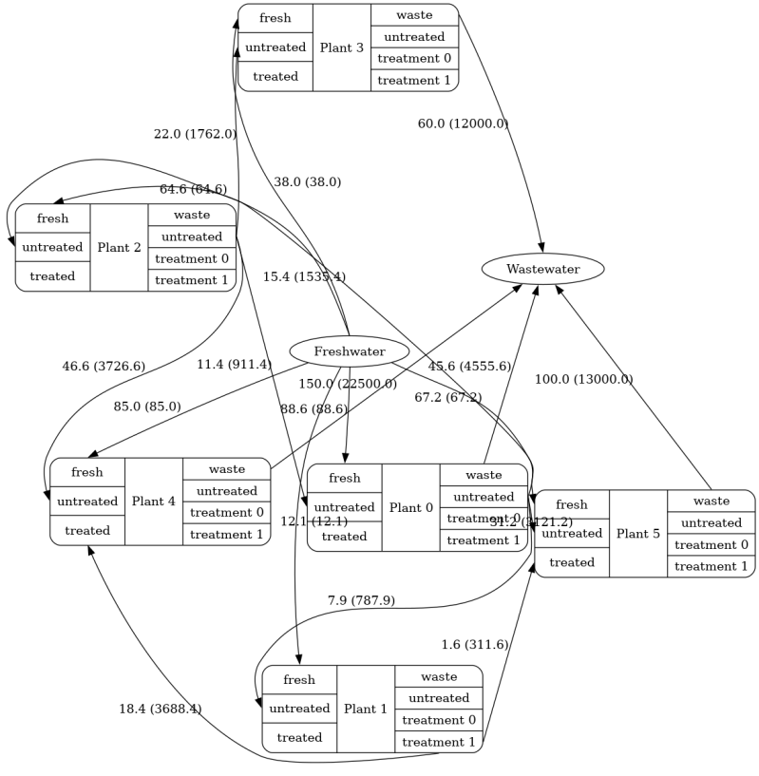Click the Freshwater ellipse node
click(x=349, y=351)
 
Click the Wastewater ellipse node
click(x=542, y=269)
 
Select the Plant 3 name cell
click(x=341, y=47)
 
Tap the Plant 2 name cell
click(x=119, y=247)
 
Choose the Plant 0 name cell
click(x=410, y=508)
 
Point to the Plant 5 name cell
click(x=637, y=534)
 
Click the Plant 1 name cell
click(x=366, y=709)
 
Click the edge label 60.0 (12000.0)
click(x=463, y=123)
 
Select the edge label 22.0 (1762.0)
click(x=195, y=134)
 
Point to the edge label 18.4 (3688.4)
click(x=160, y=709)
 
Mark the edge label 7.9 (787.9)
click(x=361, y=600)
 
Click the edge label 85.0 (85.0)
click(x=147, y=407)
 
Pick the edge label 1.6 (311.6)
click(x=474, y=645)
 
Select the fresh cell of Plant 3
click(x=275, y=18)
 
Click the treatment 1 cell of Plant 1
click(x=438, y=742)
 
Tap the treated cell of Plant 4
click(x=86, y=531)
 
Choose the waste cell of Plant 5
click(x=711, y=501)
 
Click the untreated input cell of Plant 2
click(x=52, y=247)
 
